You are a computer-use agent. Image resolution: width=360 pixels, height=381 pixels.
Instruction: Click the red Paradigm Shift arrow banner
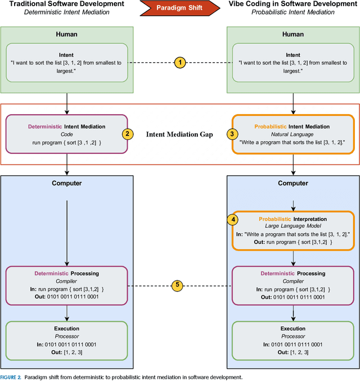[x=180, y=8]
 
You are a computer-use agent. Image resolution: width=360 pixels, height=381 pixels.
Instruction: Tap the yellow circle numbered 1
[x=179, y=62]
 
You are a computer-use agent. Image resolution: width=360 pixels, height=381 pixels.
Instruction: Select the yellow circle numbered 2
[x=128, y=134]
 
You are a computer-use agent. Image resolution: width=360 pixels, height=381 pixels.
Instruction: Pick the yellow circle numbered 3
[x=231, y=134]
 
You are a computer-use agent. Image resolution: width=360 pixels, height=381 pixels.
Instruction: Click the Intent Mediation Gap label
[x=179, y=135]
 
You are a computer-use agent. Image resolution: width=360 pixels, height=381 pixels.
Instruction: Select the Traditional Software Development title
[x=67, y=4]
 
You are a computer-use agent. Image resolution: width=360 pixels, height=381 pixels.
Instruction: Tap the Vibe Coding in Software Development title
[x=292, y=4]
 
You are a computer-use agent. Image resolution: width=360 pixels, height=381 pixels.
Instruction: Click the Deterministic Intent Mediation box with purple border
[x=67, y=134]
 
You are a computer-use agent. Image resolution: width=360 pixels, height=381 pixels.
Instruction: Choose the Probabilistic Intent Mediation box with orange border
[x=292, y=134]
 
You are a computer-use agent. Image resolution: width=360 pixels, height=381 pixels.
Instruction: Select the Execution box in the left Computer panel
[x=67, y=340]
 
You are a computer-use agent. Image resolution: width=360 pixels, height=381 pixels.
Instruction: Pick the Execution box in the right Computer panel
[x=292, y=340]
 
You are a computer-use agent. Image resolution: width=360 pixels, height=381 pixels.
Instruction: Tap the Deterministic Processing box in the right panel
[x=292, y=285]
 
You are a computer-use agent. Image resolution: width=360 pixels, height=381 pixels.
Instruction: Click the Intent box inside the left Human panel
[x=67, y=62]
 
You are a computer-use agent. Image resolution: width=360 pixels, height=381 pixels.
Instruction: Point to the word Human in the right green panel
[x=292, y=34]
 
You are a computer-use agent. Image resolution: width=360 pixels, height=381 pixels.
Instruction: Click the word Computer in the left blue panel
[x=67, y=183]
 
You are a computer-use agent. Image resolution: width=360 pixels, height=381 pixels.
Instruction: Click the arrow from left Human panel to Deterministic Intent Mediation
[x=67, y=104]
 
